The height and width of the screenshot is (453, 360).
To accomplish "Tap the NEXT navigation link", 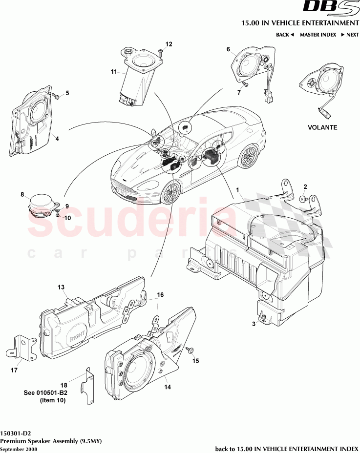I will coord(350,35).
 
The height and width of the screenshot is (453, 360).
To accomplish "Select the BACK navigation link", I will coord(285,35).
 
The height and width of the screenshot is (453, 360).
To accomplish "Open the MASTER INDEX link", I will coord(318,35).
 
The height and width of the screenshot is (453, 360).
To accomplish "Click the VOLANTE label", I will coord(322,127).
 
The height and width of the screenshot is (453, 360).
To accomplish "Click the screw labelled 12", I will coord(161,53).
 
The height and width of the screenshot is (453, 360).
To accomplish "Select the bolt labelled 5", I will coord(56,96).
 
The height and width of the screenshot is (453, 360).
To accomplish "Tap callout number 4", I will coord(57,139).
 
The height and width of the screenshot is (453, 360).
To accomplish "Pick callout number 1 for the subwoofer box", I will coord(238,189).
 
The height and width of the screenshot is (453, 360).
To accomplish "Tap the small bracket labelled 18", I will coord(89,386).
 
